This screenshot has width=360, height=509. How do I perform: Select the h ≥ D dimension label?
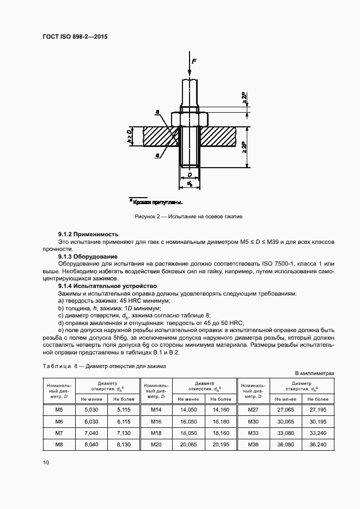(130, 137)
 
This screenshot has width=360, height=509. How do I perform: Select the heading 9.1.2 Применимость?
(88, 234)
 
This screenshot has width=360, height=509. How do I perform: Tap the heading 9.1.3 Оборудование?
(89, 256)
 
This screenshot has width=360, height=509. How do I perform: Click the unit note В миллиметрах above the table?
(314, 373)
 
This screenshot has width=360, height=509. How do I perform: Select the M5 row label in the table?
(59, 409)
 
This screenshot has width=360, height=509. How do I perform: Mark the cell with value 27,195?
(318, 409)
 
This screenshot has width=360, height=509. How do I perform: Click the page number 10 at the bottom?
(46, 463)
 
